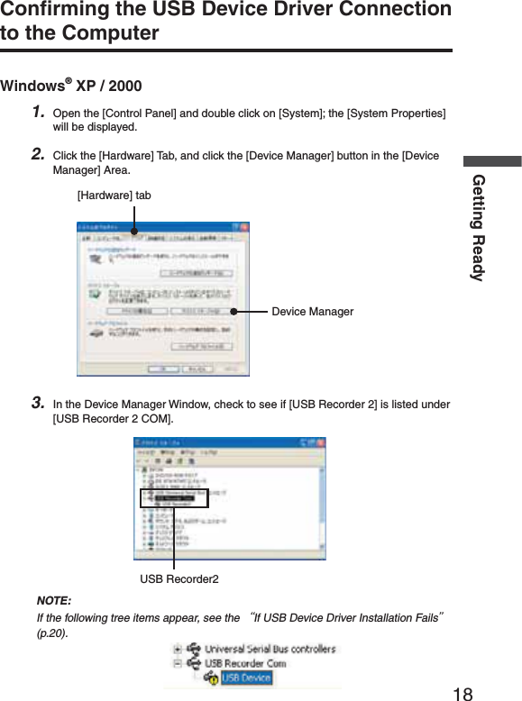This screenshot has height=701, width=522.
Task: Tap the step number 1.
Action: [x=38, y=113]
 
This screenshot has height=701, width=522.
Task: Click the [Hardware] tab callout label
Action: [x=114, y=196]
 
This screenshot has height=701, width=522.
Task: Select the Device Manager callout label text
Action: [x=312, y=312]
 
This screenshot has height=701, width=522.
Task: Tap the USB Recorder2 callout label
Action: [x=179, y=578]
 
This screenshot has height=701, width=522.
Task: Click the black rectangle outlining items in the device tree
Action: [x=174, y=498]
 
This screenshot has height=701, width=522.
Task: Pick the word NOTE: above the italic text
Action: [x=54, y=601]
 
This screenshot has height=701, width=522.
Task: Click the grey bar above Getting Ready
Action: [x=492, y=161]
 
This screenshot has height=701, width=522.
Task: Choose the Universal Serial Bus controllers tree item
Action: [x=270, y=649]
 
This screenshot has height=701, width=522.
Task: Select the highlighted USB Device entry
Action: [x=246, y=678]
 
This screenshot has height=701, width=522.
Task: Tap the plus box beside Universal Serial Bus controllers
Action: [x=179, y=649]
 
